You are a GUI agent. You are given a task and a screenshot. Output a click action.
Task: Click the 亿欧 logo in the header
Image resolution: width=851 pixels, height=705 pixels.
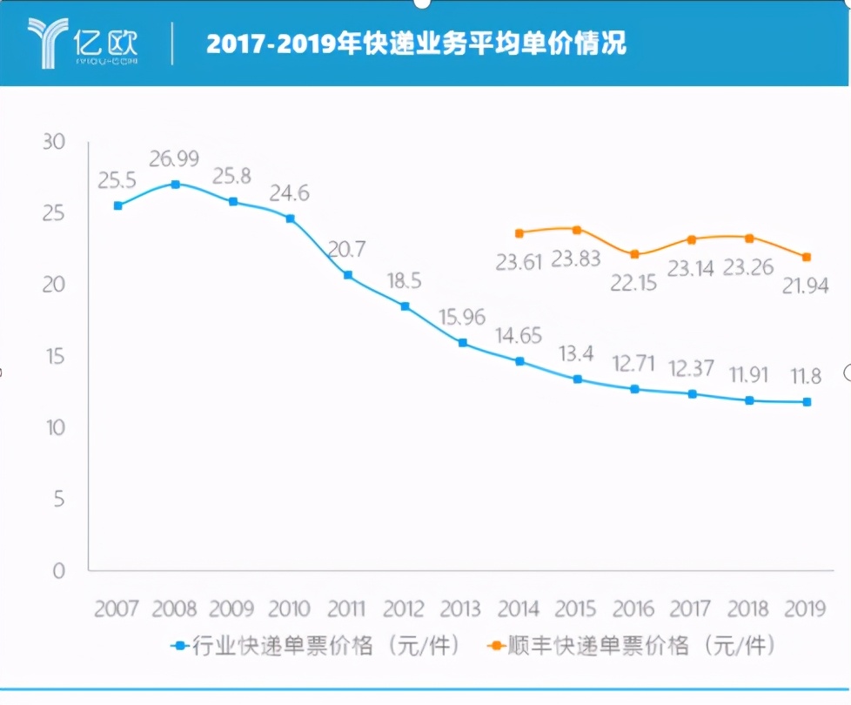[x=83, y=42]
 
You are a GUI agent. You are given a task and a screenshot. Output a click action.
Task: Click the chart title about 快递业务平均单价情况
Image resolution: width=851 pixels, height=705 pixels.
[x=416, y=44]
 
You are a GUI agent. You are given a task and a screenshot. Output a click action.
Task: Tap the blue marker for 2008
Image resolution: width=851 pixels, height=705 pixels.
[x=175, y=185]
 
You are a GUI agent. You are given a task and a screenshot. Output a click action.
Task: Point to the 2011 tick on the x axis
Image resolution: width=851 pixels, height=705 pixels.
[x=346, y=608]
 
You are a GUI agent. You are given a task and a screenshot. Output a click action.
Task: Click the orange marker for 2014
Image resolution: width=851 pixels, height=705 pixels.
[x=519, y=233]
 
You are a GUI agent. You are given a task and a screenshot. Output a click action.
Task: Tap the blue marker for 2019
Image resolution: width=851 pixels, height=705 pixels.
[x=807, y=402]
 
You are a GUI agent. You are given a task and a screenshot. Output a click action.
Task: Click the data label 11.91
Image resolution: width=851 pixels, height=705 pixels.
[x=749, y=375]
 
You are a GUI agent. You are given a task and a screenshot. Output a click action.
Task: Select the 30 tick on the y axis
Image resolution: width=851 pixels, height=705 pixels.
[x=54, y=142]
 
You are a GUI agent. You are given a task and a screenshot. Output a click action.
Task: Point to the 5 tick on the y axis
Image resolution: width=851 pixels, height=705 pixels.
[x=58, y=500]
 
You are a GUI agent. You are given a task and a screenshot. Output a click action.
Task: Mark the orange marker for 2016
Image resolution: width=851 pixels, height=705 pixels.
[x=635, y=254]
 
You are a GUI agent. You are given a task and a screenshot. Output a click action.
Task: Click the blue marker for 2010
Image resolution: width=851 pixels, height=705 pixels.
[x=291, y=218]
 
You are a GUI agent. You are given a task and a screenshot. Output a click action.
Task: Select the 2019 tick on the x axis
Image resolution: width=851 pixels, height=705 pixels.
[x=804, y=608]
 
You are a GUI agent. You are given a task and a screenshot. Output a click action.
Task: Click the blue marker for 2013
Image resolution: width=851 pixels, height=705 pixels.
[x=463, y=343]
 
